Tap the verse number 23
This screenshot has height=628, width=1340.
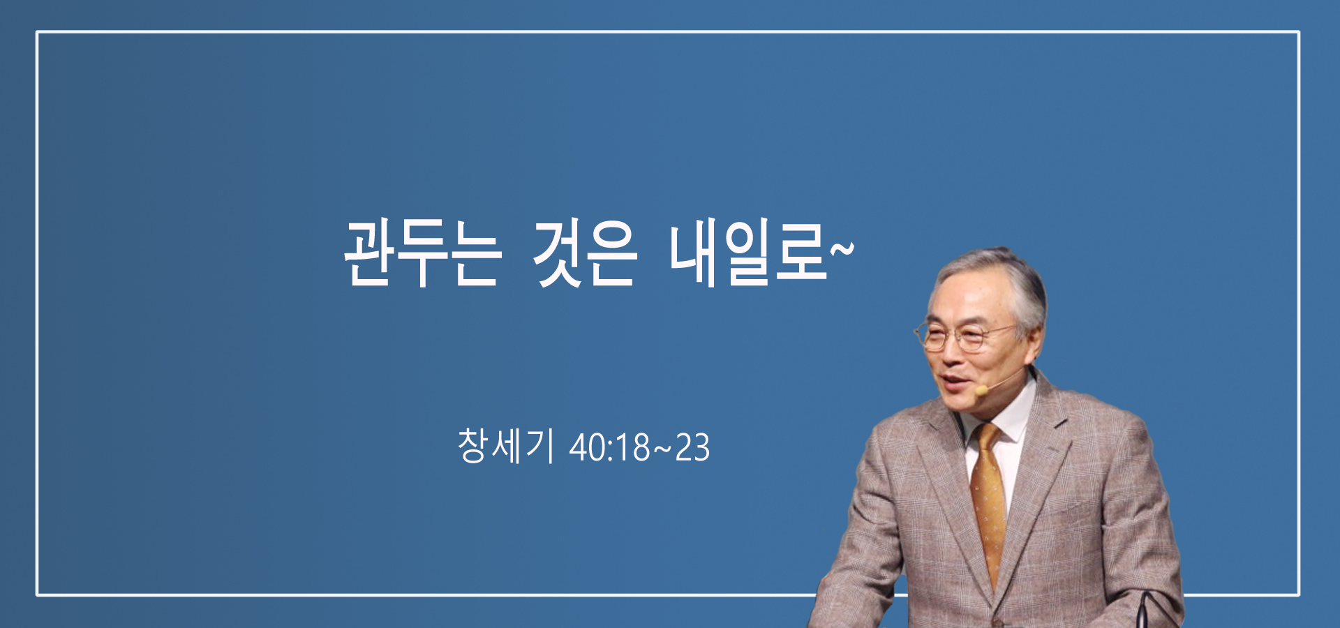click(x=692, y=448)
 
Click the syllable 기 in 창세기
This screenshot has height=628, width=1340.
click(x=541, y=446)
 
